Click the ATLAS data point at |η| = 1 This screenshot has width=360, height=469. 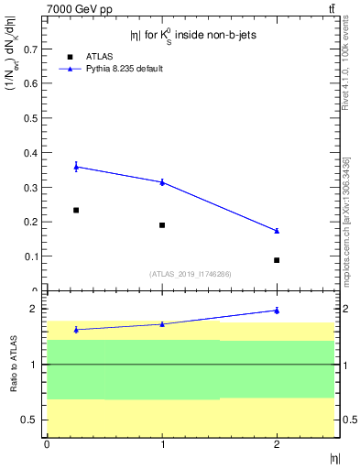(x=162, y=225)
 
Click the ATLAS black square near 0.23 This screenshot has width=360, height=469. (x=76, y=210)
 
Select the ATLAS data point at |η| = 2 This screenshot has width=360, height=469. (x=277, y=260)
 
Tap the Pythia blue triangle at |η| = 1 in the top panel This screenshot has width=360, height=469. (x=162, y=182)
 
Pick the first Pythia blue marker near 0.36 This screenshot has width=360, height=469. (x=76, y=166)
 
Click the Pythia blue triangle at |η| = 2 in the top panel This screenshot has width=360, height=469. (x=277, y=231)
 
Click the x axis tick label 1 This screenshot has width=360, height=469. (x=162, y=444)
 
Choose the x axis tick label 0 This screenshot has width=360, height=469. (x=47, y=444)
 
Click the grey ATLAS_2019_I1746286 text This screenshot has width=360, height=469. (x=191, y=273)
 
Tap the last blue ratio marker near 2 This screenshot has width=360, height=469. (x=277, y=311)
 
